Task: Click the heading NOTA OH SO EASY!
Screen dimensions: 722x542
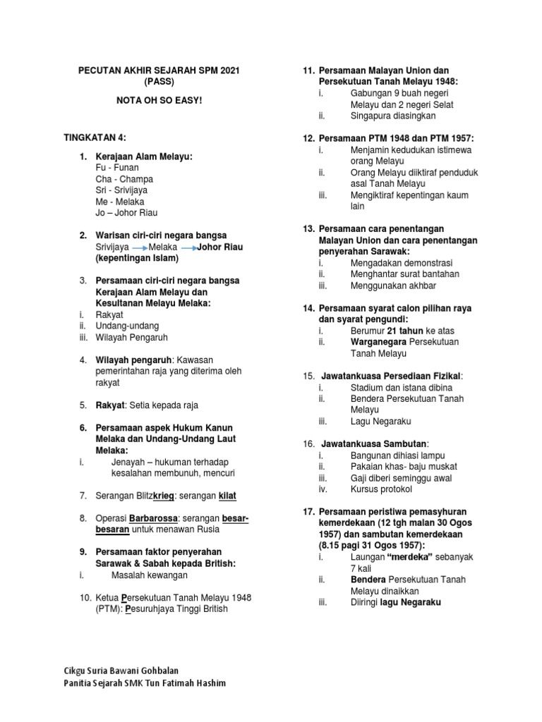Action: pyautogui.click(x=159, y=101)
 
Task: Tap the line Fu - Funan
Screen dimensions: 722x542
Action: pyautogui.click(x=116, y=168)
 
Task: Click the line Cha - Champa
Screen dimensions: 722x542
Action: pyautogui.click(x=124, y=179)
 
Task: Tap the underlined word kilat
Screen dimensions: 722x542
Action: pyautogui.click(x=227, y=496)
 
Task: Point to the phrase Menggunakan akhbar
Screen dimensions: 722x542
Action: pyautogui.click(x=393, y=286)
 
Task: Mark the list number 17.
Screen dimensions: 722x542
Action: pyautogui.click(x=308, y=511)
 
